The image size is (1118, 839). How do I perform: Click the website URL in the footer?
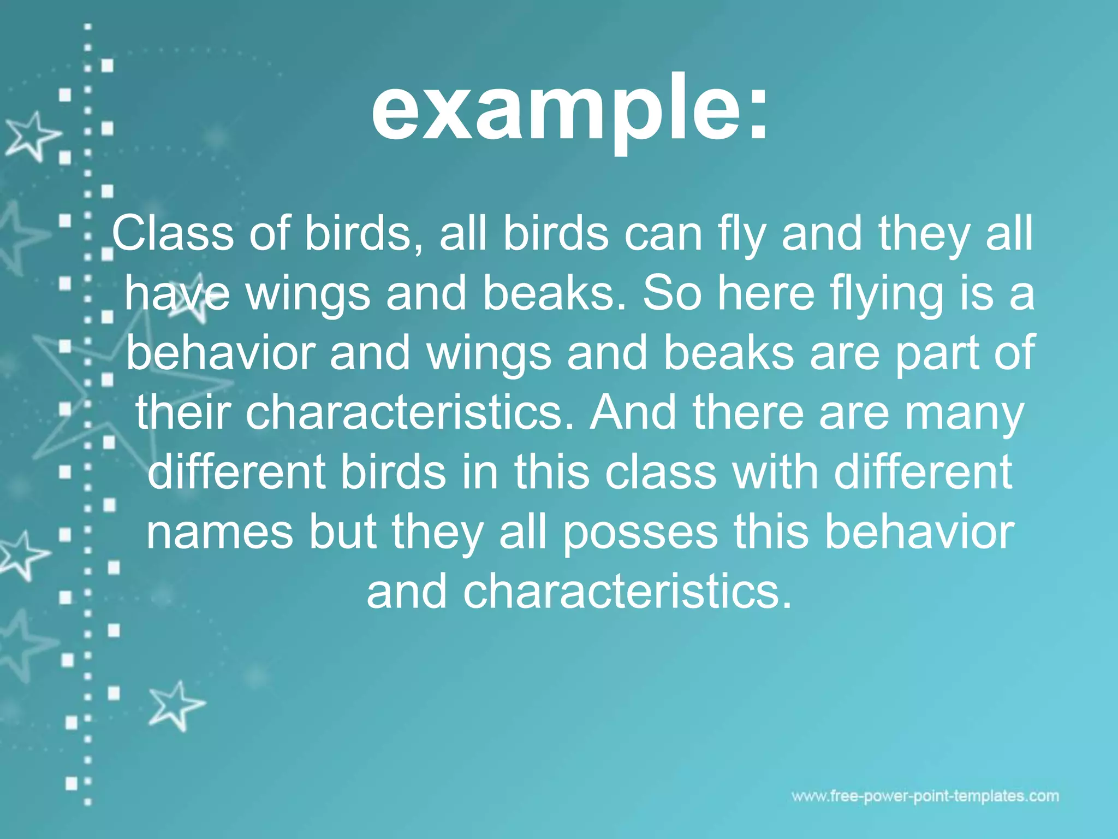coord(925,796)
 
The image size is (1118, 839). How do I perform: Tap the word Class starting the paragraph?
coord(173,234)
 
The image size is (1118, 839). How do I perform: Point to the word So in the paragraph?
coord(671,293)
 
